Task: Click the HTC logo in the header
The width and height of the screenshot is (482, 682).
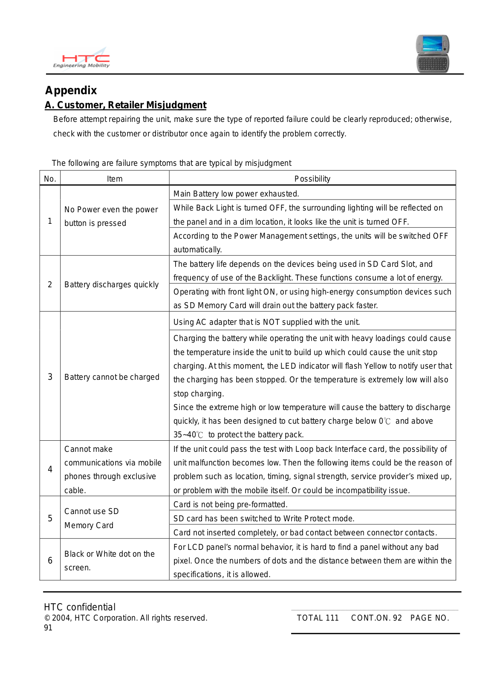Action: (x=81, y=59)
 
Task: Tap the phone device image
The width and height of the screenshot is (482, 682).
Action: (x=433, y=54)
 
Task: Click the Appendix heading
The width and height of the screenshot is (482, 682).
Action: (x=71, y=90)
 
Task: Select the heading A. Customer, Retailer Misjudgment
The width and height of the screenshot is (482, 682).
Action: (x=126, y=105)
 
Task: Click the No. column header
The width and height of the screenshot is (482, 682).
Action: (x=50, y=179)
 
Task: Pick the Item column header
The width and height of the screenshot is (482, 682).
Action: (x=115, y=179)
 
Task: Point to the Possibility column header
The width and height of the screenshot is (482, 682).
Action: (x=312, y=179)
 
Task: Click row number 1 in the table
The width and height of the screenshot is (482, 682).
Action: (x=50, y=221)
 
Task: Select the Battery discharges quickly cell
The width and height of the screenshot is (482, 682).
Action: (x=111, y=285)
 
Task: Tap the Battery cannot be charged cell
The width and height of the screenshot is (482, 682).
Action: (x=112, y=377)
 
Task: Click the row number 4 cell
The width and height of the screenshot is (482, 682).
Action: (x=50, y=469)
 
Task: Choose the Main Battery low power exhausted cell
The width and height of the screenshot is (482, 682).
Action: (x=236, y=194)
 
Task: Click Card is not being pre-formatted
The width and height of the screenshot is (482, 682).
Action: (x=230, y=505)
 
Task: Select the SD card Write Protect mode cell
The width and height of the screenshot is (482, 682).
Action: (x=264, y=519)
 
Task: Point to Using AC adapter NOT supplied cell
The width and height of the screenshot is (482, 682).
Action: (x=266, y=322)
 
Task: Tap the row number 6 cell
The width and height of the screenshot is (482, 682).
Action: (x=50, y=561)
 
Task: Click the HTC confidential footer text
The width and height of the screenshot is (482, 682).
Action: (x=80, y=607)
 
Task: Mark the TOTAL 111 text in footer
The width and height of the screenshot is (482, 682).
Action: (x=317, y=618)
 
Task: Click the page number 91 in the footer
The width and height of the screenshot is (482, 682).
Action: (x=48, y=628)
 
